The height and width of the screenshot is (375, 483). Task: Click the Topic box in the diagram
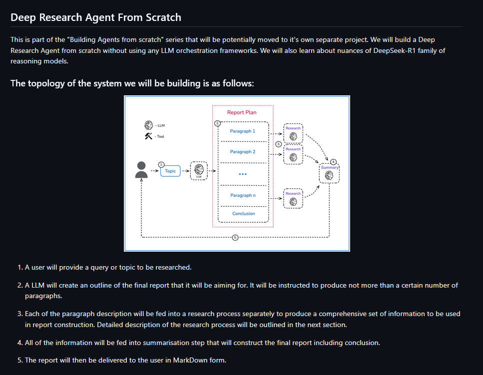tap(170, 171)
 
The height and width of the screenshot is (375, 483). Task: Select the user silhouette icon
tap(141, 170)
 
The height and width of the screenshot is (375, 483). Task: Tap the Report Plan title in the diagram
tap(242, 112)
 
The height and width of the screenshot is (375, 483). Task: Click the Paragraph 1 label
tap(242, 131)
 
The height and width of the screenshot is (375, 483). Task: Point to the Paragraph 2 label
tap(242, 152)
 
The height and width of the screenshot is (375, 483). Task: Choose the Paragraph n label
tap(243, 195)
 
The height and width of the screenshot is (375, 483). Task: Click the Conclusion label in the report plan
tap(244, 213)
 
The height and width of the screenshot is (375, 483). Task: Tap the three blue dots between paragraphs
tap(243, 174)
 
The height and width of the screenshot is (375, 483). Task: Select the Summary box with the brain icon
tap(329, 173)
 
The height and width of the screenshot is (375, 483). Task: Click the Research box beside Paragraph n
tap(293, 199)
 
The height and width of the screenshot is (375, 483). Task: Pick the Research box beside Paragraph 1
tap(293, 133)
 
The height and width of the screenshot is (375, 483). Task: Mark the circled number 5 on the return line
tap(235, 237)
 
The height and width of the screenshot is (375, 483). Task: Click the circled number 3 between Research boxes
tap(279, 144)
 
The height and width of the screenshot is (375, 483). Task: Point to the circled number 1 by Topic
tap(161, 165)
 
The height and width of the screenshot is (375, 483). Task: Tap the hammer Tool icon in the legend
tap(148, 136)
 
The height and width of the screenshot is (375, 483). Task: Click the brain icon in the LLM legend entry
tap(148, 125)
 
